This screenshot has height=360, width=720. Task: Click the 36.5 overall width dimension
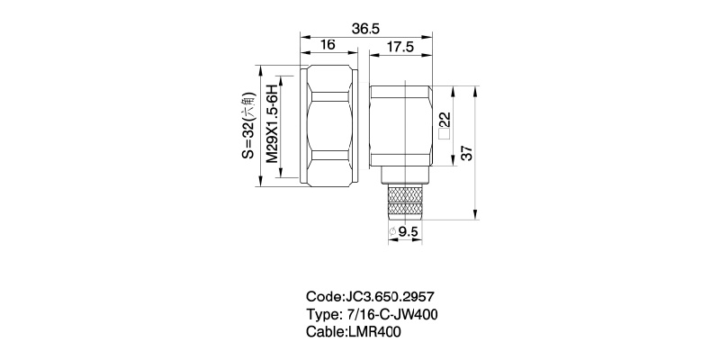tap(364, 30)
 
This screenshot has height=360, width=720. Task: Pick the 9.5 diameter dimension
tap(409, 231)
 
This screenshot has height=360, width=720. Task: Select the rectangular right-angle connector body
tap(401, 126)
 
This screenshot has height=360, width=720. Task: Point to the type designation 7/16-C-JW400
tap(394, 314)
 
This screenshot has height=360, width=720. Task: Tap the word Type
tap(323, 314)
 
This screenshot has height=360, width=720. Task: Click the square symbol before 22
tap(443, 137)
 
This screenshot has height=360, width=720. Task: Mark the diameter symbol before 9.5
tap(392, 232)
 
